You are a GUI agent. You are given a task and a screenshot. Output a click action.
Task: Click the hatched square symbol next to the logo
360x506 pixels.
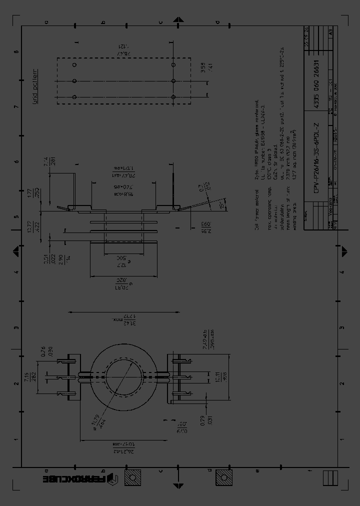[x=133, y=478]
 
